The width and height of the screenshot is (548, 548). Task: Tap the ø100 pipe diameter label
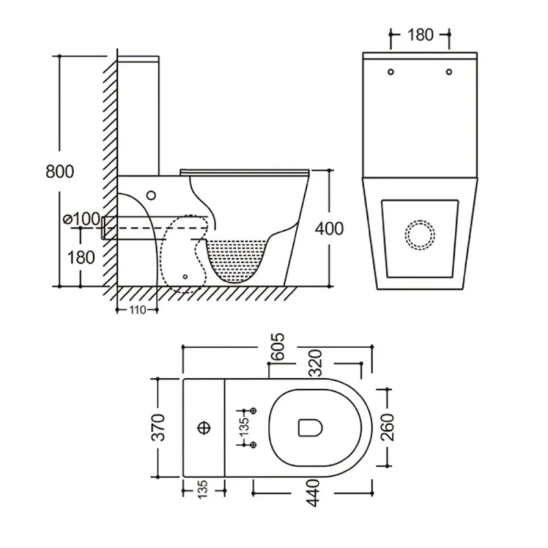point(82,219)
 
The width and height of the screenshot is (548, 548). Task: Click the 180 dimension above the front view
point(420,34)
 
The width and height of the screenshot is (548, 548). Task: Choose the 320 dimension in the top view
point(315,364)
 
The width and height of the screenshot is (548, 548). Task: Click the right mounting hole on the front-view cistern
point(449,71)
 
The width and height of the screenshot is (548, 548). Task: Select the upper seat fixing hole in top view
point(254,410)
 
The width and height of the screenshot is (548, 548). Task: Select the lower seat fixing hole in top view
point(254,445)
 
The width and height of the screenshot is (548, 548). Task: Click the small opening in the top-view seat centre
point(310,428)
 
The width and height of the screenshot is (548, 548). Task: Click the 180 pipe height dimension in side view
point(82,257)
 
